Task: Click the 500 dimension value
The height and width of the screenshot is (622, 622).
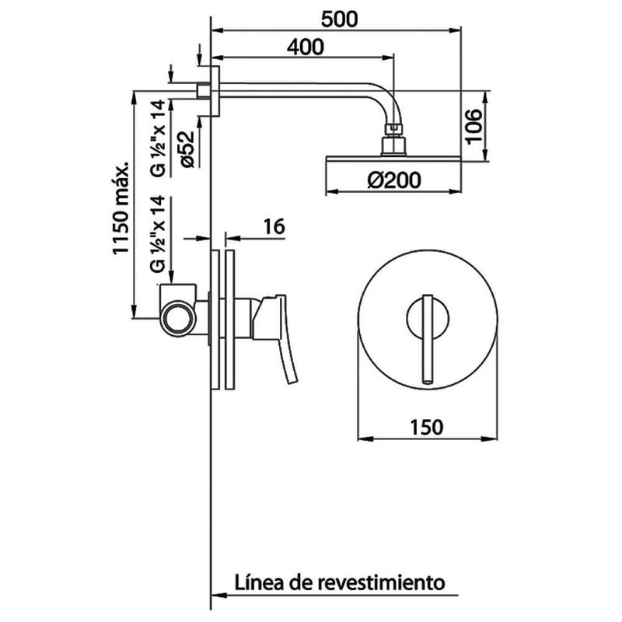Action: pyautogui.click(x=339, y=19)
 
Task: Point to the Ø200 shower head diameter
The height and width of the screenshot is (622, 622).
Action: pyautogui.click(x=393, y=180)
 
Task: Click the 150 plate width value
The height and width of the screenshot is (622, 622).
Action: pyautogui.click(x=426, y=427)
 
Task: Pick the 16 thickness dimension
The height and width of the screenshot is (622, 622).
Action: pyautogui.click(x=273, y=226)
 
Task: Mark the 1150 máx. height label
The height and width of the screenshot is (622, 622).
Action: pyautogui.click(x=120, y=210)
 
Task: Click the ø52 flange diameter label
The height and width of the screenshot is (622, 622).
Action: pyautogui.click(x=184, y=148)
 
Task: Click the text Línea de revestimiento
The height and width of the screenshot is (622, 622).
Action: pyautogui.click(x=339, y=582)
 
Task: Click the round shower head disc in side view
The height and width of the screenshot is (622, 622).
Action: pyautogui.click(x=393, y=160)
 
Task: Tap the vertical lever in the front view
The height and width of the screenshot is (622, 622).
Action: pyautogui.click(x=427, y=339)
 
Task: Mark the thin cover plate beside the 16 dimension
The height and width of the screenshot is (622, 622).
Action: pyautogui.click(x=229, y=319)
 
